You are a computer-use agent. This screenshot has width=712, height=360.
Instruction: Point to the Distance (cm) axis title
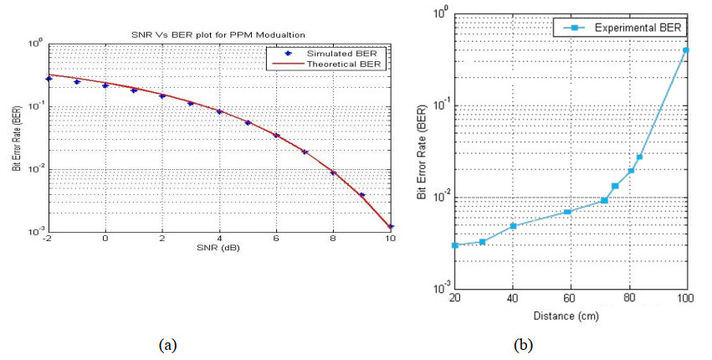571,316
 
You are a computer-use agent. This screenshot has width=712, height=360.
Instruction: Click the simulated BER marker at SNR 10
391,226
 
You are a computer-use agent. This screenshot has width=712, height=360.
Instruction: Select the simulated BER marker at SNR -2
49,79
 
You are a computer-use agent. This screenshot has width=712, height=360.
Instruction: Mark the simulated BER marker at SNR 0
105,85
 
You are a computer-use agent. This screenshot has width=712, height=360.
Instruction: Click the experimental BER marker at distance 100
686,50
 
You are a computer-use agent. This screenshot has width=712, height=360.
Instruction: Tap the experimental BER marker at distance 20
455,245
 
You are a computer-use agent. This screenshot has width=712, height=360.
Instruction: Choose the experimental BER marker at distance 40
513,226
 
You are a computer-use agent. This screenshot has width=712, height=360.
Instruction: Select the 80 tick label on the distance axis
628,299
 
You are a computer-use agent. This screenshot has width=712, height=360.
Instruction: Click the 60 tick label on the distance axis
571,299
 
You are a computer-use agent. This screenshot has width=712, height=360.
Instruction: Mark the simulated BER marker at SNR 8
333,173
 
